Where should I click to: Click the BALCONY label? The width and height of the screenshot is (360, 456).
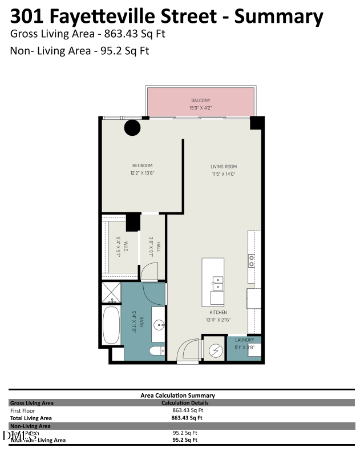point(200,100)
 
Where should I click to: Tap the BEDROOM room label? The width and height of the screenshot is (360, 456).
point(142,166)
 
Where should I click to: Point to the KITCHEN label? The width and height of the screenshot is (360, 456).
point(218,313)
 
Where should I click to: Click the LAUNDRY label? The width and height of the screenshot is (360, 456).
point(245,340)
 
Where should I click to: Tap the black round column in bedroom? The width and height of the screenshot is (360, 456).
point(132,127)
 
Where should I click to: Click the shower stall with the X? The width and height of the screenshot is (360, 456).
point(111,292)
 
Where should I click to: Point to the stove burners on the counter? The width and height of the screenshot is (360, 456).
point(251,261)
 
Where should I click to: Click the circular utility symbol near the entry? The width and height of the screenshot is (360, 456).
point(216,350)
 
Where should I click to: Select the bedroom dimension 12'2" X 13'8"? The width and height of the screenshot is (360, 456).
point(142,173)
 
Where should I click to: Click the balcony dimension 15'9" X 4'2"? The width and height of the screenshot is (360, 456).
point(200,107)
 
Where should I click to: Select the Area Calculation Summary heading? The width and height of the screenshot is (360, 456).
point(177,395)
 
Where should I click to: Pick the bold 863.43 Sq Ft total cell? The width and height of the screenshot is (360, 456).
point(187,417)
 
